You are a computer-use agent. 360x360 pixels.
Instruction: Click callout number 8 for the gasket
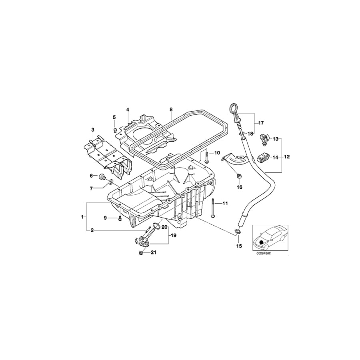pyautogui.click(x=171, y=109)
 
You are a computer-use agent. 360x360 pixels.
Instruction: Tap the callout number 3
pyautogui.click(x=93, y=130)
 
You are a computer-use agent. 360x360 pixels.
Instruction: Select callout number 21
pyautogui.click(x=154, y=252)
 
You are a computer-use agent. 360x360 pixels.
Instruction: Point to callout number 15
pyautogui.click(x=239, y=246)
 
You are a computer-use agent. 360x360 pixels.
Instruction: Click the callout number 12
pyautogui.click(x=287, y=157)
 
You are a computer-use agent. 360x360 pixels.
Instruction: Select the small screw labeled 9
pyautogui.click(x=120, y=218)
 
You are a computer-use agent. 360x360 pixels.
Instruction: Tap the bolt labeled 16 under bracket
pyautogui.click(x=239, y=175)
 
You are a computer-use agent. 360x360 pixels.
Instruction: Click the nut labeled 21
pyautogui.click(x=141, y=253)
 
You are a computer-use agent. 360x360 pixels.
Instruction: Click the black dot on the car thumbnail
pyautogui.click(x=262, y=242)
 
